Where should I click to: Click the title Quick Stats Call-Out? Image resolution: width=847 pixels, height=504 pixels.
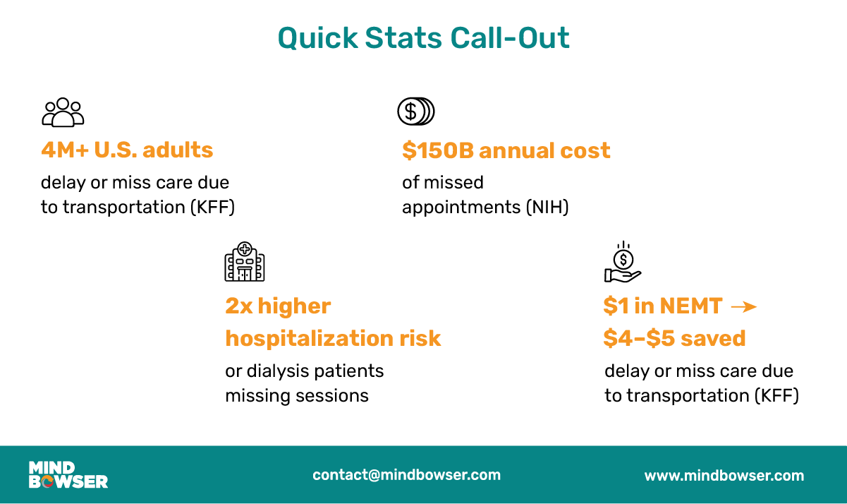click(423, 37)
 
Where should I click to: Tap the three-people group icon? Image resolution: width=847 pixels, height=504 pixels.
click(63, 112)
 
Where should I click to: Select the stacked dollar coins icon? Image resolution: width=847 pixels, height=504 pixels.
click(416, 112)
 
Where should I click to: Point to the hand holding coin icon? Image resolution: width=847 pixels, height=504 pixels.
click(623, 263)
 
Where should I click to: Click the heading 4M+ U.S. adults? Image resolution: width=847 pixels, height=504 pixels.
click(127, 150)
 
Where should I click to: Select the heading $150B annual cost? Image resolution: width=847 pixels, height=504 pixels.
click(506, 150)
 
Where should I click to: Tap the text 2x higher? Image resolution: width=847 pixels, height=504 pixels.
click(278, 306)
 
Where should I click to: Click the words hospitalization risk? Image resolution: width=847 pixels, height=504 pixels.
click(333, 338)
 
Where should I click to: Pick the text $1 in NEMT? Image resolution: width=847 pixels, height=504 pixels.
click(662, 306)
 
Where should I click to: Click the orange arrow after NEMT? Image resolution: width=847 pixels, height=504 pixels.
click(743, 307)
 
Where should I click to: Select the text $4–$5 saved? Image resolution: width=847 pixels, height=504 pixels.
click(674, 338)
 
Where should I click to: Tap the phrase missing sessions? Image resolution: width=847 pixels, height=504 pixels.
click(297, 395)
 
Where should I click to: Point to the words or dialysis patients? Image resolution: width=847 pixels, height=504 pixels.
click(304, 371)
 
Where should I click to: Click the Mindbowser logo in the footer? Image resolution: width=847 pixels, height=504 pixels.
click(68, 475)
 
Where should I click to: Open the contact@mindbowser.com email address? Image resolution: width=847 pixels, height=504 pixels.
click(406, 475)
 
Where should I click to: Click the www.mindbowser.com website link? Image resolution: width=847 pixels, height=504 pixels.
click(724, 476)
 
